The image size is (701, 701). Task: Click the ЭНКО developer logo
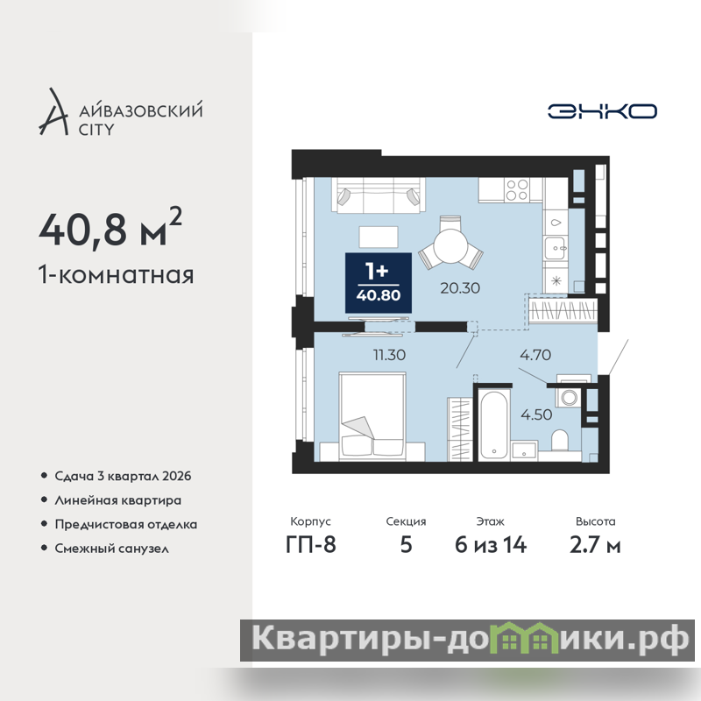(x=602, y=111)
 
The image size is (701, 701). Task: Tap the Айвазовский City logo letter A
(x=54, y=112)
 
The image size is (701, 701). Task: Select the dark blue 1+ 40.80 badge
(x=379, y=283)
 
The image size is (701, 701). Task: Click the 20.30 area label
(x=460, y=288)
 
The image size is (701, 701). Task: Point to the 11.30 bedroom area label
(x=389, y=355)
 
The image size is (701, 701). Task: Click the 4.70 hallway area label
(x=535, y=355)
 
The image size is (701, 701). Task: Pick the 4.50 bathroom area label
(x=536, y=414)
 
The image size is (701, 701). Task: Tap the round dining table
(x=450, y=247)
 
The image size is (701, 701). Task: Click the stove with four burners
(x=517, y=189)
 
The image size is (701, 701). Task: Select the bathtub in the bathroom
(x=493, y=424)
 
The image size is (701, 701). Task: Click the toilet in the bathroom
(x=559, y=441)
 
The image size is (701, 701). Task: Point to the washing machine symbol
(x=569, y=398)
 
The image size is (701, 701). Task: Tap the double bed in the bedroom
(x=372, y=415)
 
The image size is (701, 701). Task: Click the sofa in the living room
(x=379, y=195)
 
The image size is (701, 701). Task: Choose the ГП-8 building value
(x=311, y=544)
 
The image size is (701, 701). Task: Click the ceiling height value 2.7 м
(x=595, y=545)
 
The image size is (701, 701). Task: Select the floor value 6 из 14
(x=491, y=545)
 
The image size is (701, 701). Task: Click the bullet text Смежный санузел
(x=112, y=549)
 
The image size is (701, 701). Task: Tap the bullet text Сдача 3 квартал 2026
(x=123, y=476)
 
